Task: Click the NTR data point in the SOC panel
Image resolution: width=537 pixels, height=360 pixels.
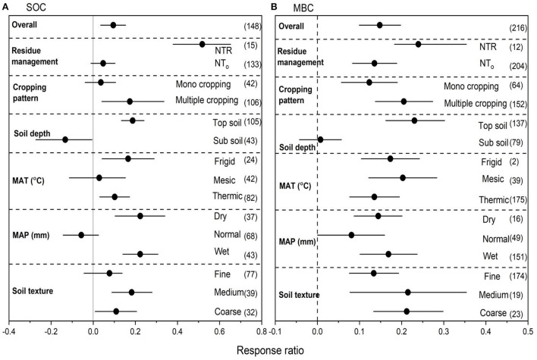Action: pyautogui.click(x=202, y=45)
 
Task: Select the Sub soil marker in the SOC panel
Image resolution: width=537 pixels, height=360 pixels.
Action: pyautogui.click(x=65, y=139)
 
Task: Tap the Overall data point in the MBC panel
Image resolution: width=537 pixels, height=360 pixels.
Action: pyautogui.click(x=380, y=25)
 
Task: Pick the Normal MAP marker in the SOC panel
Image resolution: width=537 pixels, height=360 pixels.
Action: pyautogui.click(x=81, y=235)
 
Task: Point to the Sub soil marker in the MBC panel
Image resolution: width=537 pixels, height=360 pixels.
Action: pyautogui.click(x=320, y=139)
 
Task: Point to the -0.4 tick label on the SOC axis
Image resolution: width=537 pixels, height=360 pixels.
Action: pyautogui.click(x=8, y=331)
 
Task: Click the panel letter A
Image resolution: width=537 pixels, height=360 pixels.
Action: pyautogui.click(x=7, y=7)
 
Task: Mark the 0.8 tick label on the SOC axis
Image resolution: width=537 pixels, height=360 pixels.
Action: pyautogui.click(x=261, y=331)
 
